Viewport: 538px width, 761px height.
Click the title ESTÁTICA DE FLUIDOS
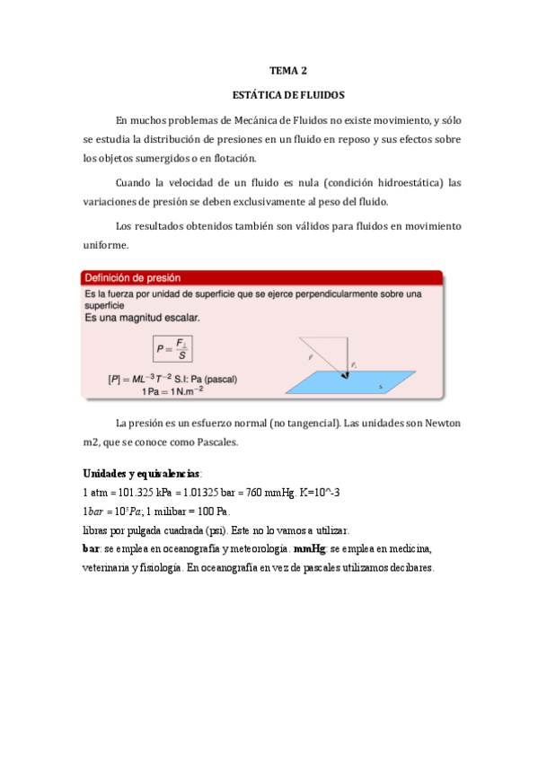point(288,93)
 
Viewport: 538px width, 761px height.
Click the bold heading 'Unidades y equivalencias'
point(143,473)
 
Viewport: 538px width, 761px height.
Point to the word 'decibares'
point(410,567)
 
